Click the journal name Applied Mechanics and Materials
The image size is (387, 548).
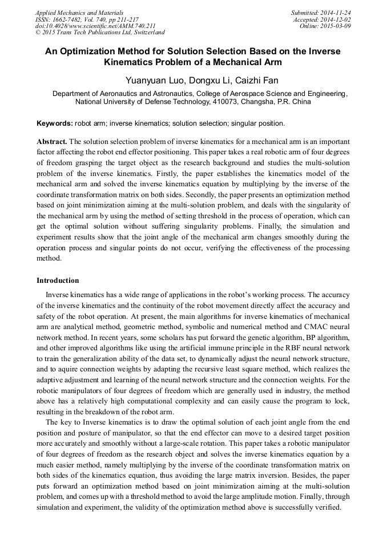pos(79,13)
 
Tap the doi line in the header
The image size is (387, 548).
pos(95,26)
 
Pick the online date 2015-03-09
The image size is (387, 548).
pos(336,26)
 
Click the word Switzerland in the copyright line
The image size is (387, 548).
pos(144,33)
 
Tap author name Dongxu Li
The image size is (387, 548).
pos(209,80)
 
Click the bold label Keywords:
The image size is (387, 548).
pos(55,123)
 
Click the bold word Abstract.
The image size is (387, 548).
pos(52,141)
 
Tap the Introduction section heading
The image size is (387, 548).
pos(58,281)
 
